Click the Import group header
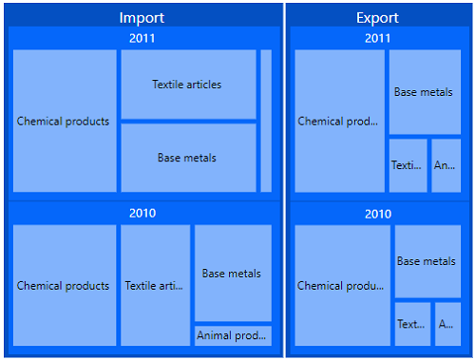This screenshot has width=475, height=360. tap(142, 18)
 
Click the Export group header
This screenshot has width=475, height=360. tap(377, 18)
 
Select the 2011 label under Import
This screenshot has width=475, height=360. tap(142, 38)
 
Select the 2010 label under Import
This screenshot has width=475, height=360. tap(142, 213)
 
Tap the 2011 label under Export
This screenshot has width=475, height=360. tap(377, 38)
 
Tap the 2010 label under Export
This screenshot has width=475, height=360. tap(377, 214)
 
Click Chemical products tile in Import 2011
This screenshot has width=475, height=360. tap(64, 121)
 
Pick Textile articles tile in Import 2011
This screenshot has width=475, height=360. tap(188, 85)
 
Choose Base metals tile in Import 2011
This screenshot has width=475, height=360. tap(188, 158)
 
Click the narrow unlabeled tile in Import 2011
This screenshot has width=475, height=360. tap(266, 121)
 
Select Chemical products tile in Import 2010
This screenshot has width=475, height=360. tap(64, 285)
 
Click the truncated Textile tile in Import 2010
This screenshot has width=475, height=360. tap(155, 285)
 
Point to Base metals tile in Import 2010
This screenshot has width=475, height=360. tap(233, 274)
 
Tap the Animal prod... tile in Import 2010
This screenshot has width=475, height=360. tap(233, 335)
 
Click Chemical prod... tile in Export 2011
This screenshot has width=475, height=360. tap(339, 121)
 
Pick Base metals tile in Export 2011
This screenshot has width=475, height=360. tap(425, 92)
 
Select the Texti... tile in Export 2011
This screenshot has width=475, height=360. tap(408, 165)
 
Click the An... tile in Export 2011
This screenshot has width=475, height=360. tap(446, 165)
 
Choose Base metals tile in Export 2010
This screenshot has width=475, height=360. tap(427, 261)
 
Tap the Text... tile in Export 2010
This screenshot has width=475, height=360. tap(412, 324)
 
